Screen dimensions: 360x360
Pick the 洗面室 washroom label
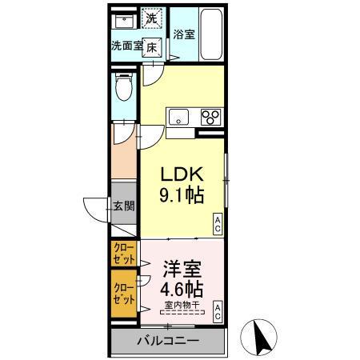[x=126, y=46]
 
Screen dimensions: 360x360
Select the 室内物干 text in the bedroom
[x=182, y=305]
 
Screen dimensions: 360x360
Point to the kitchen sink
[x=178, y=117]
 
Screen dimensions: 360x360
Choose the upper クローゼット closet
[x=124, y=254]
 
